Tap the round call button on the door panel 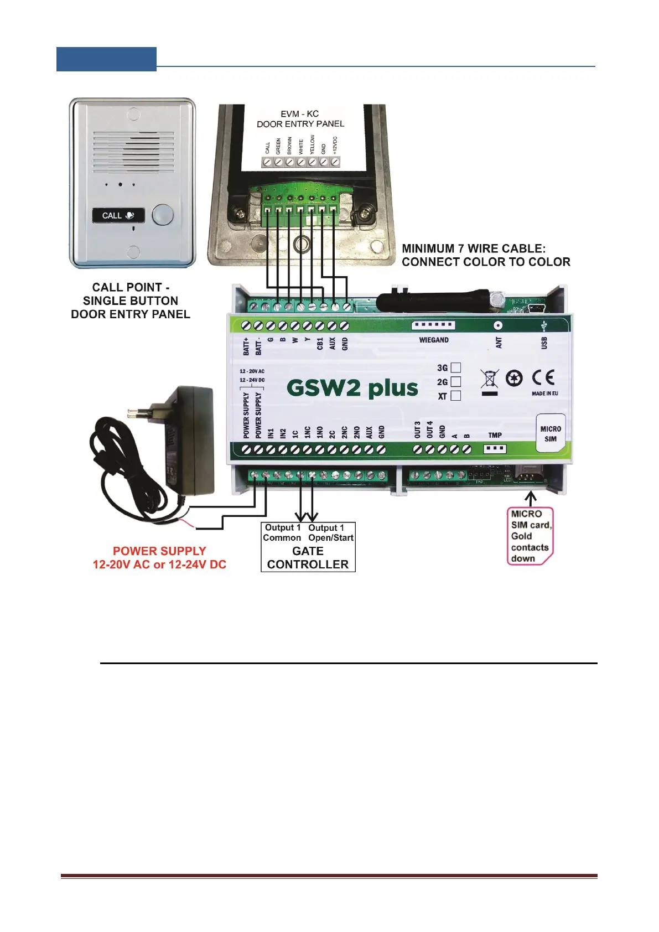pos(162,215)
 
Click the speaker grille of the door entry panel pos(133,151)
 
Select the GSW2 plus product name pos(352,388)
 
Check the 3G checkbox pos(456,367)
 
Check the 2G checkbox pos(456,382)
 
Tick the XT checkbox pos(456,396)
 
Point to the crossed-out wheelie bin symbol pos(490,380)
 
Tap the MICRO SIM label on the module pos(550,434)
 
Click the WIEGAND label pos(434,340)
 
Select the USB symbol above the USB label pos(544,325)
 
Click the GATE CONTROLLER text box pos(308,558)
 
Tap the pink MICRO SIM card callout pos(530,536)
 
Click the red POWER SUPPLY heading pos(159,551)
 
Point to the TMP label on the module pos(495,436)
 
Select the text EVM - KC pos(299,114)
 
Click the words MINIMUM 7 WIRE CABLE pos(474,249)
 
